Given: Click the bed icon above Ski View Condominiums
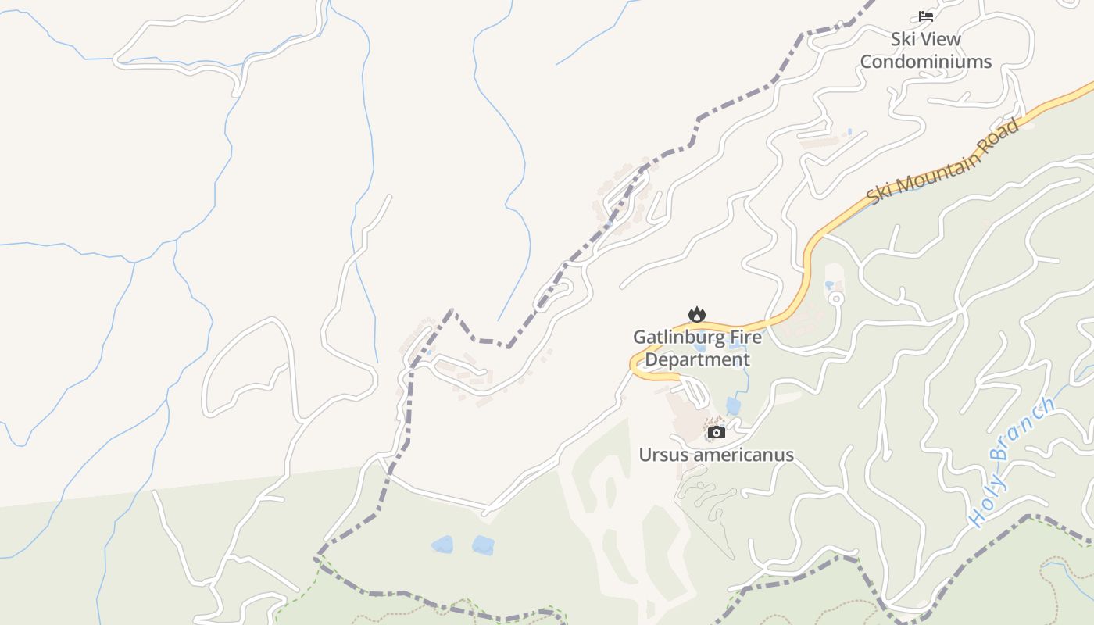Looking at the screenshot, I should click(926, 16).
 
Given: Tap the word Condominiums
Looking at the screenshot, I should click(926, 62).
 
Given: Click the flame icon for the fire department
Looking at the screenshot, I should click(696, 314).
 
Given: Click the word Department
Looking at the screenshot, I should click(697, 360).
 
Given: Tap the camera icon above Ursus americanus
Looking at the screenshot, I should click(716, 432).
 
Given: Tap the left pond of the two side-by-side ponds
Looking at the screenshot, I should click(442, 545).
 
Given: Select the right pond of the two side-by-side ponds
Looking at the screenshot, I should click(483, 545).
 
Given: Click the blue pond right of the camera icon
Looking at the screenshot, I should click(733, 405).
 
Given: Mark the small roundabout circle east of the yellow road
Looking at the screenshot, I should click(836, 298).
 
